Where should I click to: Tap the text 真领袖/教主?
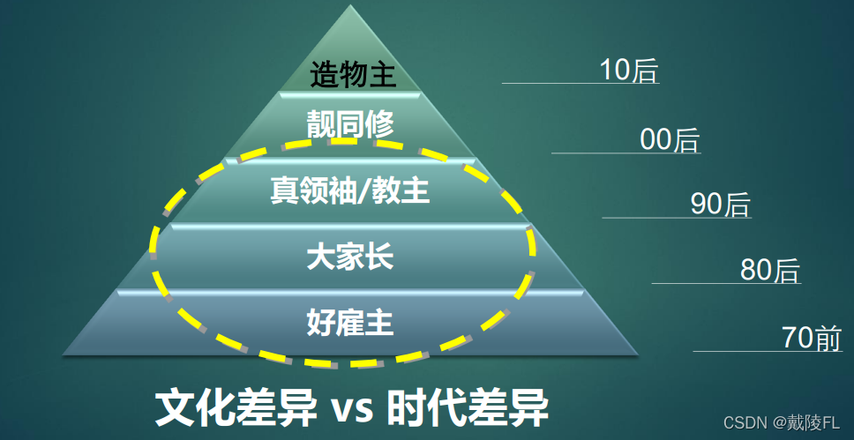(x=349, y=190)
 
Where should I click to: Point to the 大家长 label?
(x=349, y=257)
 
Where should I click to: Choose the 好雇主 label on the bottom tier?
(x=349, y=323)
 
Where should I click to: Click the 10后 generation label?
(x=629, y=70)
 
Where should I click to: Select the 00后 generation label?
(x=670, y=139)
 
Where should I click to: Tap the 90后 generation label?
(x=720, y=205)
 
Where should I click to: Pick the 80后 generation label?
(x=769, y=270)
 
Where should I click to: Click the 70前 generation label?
(x=812, y=338)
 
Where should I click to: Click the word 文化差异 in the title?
(x=233, y=407)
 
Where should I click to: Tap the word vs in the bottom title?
(x=353, y=409)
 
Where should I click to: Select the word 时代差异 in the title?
(x=468, y=407)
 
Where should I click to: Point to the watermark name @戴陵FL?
(x=806, y=423)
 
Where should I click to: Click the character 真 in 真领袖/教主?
(x=283, y=190)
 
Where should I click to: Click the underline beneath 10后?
(x=581, y=84)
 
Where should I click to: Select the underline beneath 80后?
(x=725, y=284)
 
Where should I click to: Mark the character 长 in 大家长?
(x=378, y=257)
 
